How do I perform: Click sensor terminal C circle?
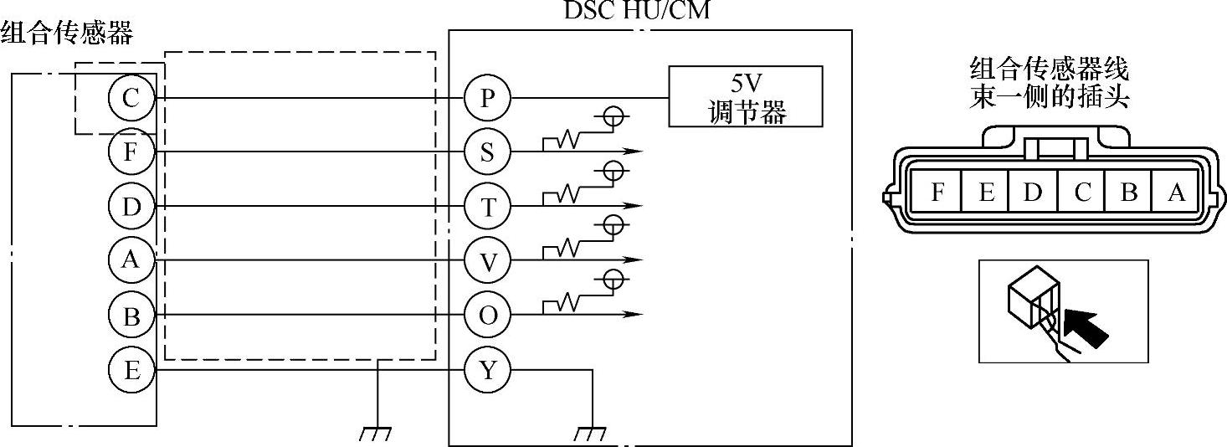point(131,99)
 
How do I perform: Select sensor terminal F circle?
point(131,152)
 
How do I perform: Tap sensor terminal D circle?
point(131,206)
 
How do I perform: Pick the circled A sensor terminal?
point(131,260)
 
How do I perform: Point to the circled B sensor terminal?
point(131,315)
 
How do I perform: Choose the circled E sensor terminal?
point(131,369)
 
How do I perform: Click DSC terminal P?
point(488,99)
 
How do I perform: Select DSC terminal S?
point(488,152)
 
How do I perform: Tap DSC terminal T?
point(488,206)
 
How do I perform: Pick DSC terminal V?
point(488,260)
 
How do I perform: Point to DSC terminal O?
point(488,315)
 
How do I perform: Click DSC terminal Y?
point(488,369)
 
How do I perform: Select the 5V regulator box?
point(745,96)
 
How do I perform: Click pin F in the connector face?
point(937,193)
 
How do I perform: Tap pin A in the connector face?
point(1177,193)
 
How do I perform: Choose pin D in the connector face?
point(1033,193)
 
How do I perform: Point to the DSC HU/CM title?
point(639,12)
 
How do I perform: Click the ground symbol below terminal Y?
point(592,434)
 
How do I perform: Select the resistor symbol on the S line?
point(566,141)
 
